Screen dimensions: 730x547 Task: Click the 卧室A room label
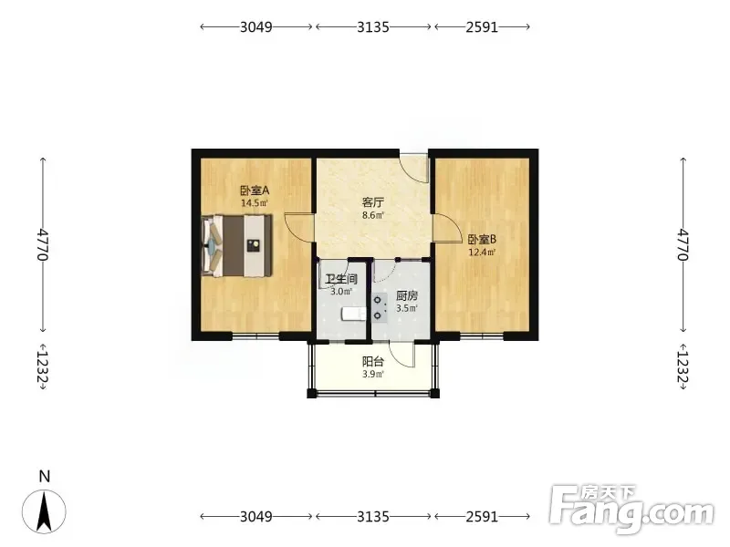[x=255, y=191]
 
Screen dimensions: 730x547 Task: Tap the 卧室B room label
[x=482, y=240]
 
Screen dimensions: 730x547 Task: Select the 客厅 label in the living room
[x=373, y=202]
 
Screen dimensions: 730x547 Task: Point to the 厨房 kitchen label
[x=407, y=295]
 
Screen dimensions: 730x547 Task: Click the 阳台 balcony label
[x=373, y=362]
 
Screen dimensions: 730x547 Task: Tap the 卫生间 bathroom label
[x=341, y=279]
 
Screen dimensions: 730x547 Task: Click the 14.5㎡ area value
[x=255, y=202]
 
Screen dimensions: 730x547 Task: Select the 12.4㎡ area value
[x=482, y=253]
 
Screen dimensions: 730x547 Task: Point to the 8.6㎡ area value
[x=373, y=215]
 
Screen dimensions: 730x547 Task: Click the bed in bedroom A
[x=237, y=245]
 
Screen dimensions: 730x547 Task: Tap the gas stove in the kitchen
[x=380, y=307]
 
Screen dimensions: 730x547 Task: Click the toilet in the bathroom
[x=354, y=314]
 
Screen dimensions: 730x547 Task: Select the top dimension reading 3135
[x=373, y=27]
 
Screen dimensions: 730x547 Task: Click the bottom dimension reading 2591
[x=482, y=516]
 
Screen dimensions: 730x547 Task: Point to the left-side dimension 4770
[x=43, y=244]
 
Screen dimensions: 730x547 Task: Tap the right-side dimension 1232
[x=683, y=366]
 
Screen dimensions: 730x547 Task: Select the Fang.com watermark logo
[x=631, y=510]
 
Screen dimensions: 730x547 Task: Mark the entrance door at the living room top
[x=414, y=169]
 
